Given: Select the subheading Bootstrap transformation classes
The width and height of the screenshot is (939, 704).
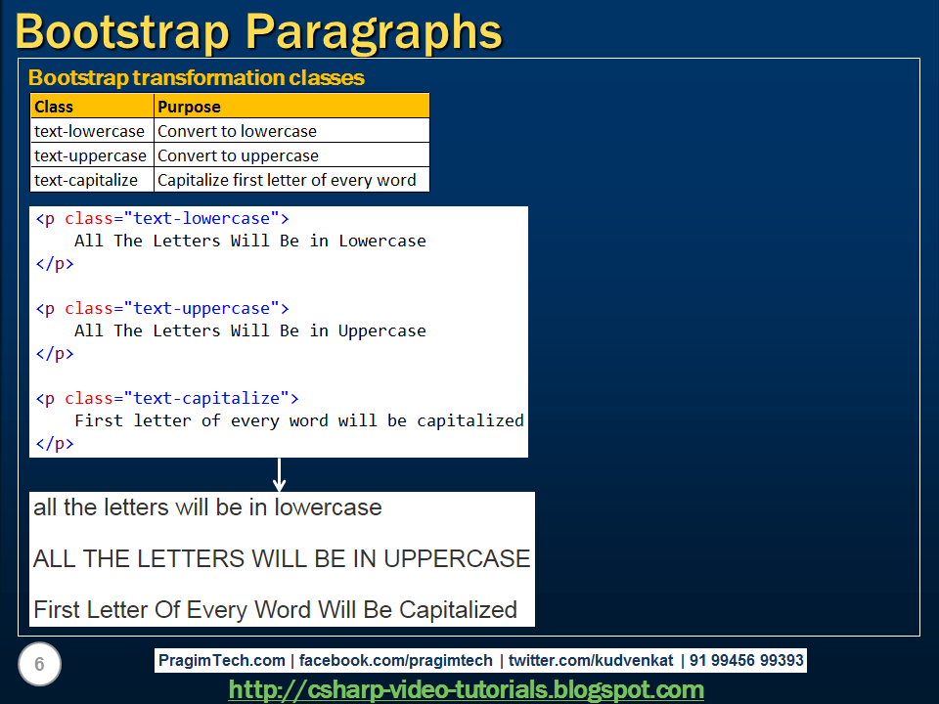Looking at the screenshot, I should click(196, 78).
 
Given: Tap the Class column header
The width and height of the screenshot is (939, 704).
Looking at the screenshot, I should click(54, 107).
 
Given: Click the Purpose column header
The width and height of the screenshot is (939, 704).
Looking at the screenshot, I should click(189, 107).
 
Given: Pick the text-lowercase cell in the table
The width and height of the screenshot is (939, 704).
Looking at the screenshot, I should click(89, 131).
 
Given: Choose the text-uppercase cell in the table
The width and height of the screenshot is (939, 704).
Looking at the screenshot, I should click(90, 155).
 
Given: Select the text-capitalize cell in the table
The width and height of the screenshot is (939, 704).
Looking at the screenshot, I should click(86, 180).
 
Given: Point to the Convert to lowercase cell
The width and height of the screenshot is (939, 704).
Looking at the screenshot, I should click(237, 131).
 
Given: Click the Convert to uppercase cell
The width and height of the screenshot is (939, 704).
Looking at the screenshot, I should click(238, 155).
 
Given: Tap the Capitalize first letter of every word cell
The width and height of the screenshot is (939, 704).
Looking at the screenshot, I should click(287, 180).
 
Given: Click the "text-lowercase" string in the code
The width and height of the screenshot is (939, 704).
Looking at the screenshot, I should click(201, 218).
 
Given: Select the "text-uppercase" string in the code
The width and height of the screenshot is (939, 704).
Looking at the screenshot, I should click(201, 308).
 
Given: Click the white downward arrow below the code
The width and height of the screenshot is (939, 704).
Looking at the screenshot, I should click(279, 475).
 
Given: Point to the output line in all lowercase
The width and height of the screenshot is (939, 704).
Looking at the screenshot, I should click(207, 507).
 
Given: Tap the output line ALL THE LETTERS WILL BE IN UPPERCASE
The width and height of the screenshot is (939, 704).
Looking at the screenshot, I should click(282, 558).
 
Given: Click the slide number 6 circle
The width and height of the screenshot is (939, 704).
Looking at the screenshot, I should click(39, 665).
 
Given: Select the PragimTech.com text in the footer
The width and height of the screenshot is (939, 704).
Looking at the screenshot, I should click(221, 660).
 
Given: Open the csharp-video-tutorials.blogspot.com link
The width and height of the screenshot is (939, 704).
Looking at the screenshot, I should click(467, 689).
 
